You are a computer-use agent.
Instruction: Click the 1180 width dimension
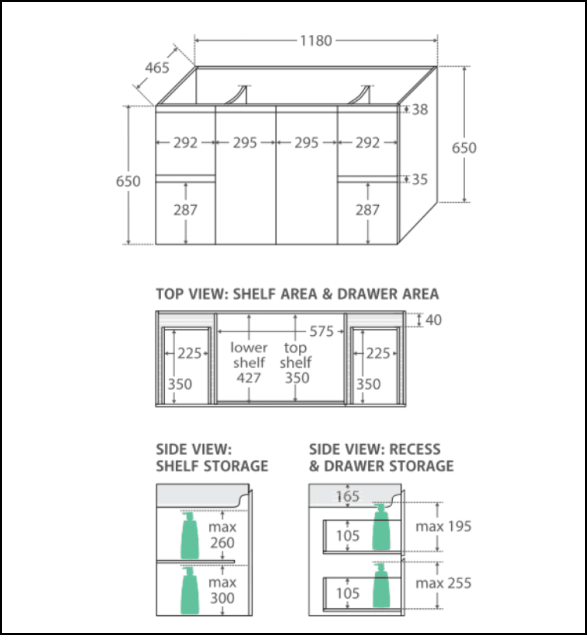[315, 41]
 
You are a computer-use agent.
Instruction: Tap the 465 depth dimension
[157, 67]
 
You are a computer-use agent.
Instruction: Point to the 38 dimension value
[419, 109]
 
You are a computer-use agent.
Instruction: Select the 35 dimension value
[419, 180]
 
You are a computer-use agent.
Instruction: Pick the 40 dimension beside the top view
[434, 320]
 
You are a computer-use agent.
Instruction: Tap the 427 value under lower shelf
[249, 378]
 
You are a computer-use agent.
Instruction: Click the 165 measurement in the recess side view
[348, 496]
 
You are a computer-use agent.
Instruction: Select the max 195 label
[444, 526]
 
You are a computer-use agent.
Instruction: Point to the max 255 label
[444, 583]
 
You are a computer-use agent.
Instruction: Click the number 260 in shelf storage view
[223, 543]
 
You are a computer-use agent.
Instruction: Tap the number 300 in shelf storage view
[223, 598]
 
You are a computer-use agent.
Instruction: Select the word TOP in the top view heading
[171, 294]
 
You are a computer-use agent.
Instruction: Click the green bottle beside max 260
[190, 536]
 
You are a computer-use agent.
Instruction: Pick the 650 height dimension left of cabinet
[128, 181]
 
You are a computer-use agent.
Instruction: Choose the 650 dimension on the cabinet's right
[464, 148]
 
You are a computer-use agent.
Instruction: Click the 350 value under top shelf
[296, 378]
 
